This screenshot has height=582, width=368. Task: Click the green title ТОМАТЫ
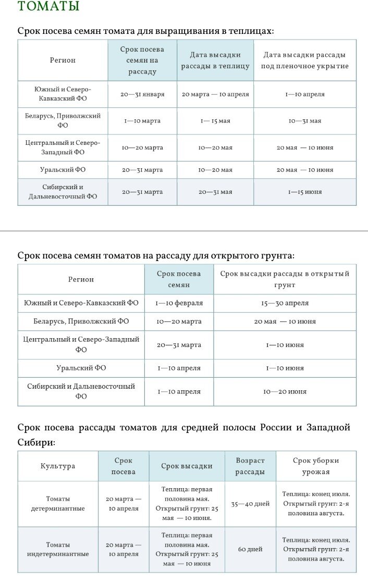pyautogui.click(x=48, y=7)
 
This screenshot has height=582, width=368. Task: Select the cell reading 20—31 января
pyautogui.click(x=143, y=95)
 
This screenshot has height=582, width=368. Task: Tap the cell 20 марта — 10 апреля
pyautogui.click(x=215, y=95)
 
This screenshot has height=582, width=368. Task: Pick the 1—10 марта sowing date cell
pyautogui.click(x=142, y=121)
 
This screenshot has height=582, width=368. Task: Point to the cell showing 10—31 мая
pyautogui.click(x=305, y=121)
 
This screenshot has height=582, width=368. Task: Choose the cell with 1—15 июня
pyautogui.click(x=305, y=192)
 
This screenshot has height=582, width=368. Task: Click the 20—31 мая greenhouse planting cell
pyautogui.click(x=215, y=192)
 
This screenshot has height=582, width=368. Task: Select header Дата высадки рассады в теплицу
pyautogui.click(x=215, y=60)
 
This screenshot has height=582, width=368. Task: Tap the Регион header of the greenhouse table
pyautogui.click(x=63, y=60)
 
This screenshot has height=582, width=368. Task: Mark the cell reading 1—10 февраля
pyautogui.click(x=179, y=303)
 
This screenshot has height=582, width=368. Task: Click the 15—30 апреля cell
pyautogui.click(x=285, y=303)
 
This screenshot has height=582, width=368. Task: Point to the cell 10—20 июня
pyautogui.click(x=285, y=392)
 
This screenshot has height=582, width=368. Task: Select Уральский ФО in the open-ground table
pyautogui.click(x=81, y=368)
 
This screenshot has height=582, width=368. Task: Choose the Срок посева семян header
pyautogui.click(x=179, y=279)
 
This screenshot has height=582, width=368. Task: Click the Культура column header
pyautogui.click(x=58, y=466)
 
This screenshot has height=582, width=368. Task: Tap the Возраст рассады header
pyautogui.click(x=250, y=466)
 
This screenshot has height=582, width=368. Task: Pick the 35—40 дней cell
pyautogui.click(x=250, y=504)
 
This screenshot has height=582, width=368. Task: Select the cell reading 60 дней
pyautogui.click(x=250, y=550)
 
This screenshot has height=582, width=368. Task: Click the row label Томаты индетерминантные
pyautogui.click(x=58, y=550)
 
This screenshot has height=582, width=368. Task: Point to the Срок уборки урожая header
pyautogui.click(x=316, y=466)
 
